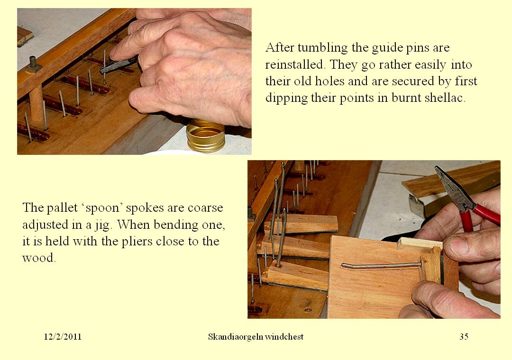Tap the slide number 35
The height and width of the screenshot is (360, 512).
click(464, 337)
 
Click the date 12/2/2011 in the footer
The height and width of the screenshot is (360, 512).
click(63, 337)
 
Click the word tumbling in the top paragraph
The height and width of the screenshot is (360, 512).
click(330, 48)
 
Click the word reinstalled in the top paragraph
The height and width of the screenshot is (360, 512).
click(292, 64)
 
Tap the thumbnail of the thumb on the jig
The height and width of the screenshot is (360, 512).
click(454, 246)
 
